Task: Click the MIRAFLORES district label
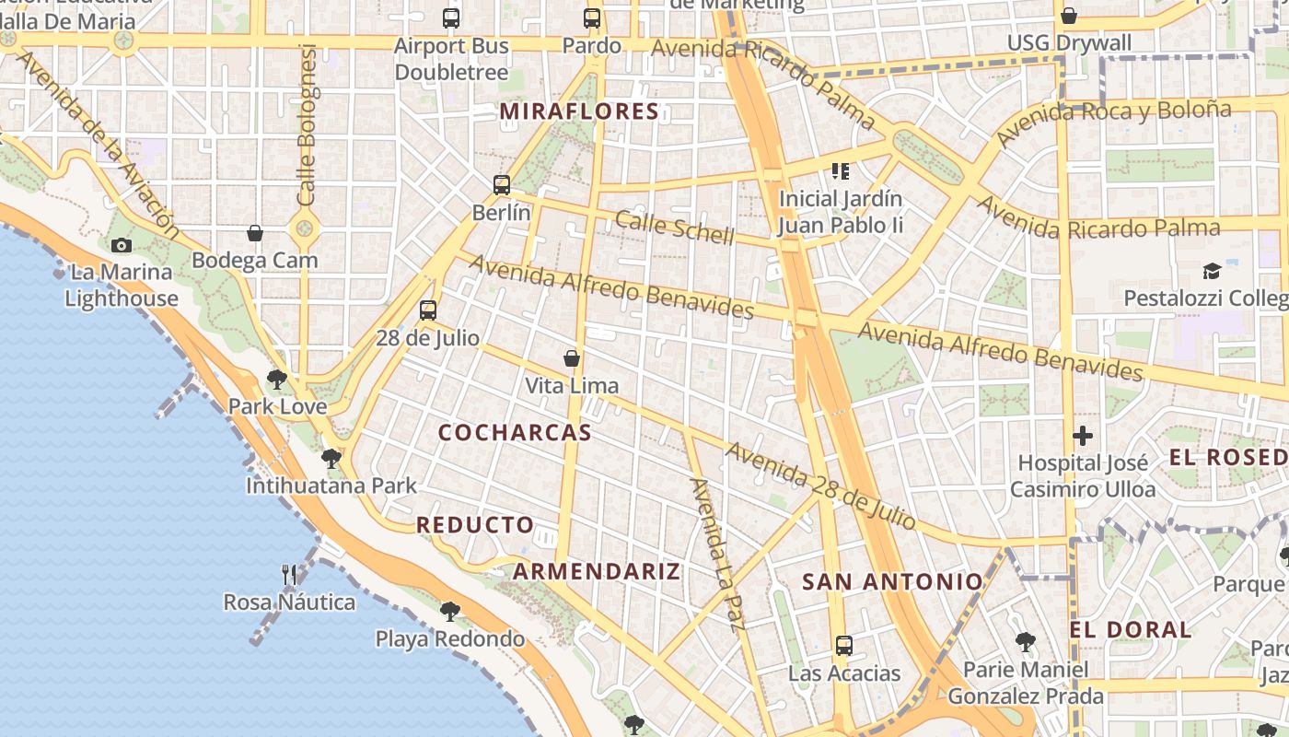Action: click(579, 112)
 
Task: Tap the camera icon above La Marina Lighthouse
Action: click(122, 245)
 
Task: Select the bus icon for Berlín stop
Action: click(501, 185)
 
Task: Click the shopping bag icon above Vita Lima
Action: click(572, 358)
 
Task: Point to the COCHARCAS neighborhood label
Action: click(515, 433)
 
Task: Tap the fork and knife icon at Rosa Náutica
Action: click(289, 575)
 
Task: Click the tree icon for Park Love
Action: click(276, 379)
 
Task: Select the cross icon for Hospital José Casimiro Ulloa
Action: click(1083, 436)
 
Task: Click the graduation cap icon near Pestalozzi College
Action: click(1212, 272)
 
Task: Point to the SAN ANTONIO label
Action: click(893, 582)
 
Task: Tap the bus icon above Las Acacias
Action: click(843, 646)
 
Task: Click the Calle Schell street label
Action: click(675, 228)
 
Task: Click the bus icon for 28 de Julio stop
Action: click(427, 310)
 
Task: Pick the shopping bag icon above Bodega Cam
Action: click(255, 234)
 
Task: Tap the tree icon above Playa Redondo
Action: click(449, 611)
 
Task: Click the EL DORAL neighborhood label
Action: click(1131, 630)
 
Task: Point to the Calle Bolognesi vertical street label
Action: click(308, 125)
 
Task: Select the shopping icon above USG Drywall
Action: click(1068, 16)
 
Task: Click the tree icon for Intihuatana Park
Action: click(331, 458)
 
